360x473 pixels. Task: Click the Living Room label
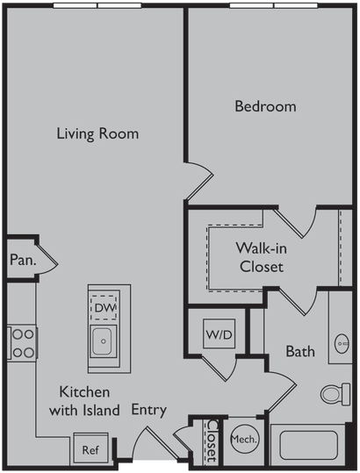tap(97, 133)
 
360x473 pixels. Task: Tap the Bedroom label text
tap(265, 106)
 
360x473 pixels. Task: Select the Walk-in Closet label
tap(262, 257)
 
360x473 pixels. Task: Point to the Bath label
tap(300, 351)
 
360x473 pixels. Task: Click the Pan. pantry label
tap(23, 260)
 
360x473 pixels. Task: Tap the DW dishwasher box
tap(104, 308)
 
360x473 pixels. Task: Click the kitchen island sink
tap(104, 341)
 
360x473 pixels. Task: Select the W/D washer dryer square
tap(220, 333)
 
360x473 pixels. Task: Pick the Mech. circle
tap(244, 439)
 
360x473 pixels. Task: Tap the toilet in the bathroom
tap(335, 394)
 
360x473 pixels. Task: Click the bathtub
tap(308, 445)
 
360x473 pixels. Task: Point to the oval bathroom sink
tap(342, 344)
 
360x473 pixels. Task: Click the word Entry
tap(149, 410)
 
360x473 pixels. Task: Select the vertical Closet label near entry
tap(212, 441)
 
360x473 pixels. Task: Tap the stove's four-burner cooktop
tap(22, 343)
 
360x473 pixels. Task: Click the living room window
tap(97, 5)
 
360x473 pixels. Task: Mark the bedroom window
tap(274, 5)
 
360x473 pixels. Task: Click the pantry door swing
tap(47, 262)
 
